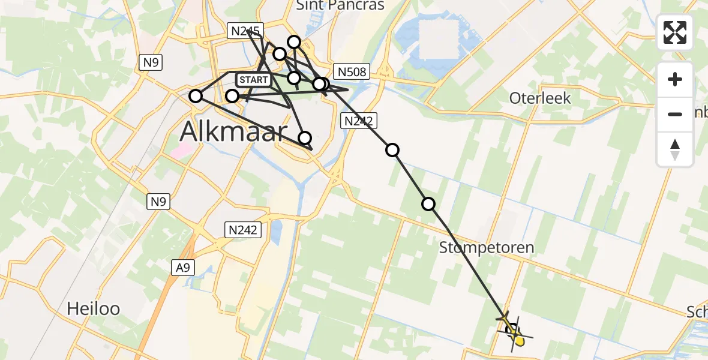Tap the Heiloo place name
(x=93, y=309)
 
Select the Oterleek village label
(x=540, y=98)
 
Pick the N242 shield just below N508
(x=358, y=121)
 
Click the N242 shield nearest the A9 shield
(x=243, y=229)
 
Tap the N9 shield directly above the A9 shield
(x=158, y=202)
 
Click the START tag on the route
(x=254, y=80)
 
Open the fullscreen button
(x=675, y=32)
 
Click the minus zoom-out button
(x=675, y=114)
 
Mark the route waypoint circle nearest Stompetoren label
(x=428, y=204)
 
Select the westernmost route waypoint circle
(x=196, y=96)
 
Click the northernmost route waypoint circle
(x=294, y=41)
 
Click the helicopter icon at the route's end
(x=514, y=329)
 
